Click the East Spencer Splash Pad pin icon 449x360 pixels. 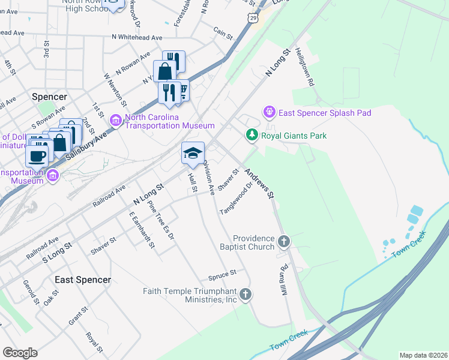(269, 112)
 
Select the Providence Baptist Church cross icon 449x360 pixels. (284, 242)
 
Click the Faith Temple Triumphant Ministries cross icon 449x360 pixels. (245, 294)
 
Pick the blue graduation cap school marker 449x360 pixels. (193, 154)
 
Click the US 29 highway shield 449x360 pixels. (254, 19)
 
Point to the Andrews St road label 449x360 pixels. (259, 183)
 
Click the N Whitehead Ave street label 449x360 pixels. (137, 37)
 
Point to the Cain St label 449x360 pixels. (223, 32)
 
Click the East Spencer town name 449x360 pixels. (83, 280)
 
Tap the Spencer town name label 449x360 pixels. (49, 96)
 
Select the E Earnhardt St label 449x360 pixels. (142, 229)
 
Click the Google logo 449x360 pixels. (20, 353)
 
